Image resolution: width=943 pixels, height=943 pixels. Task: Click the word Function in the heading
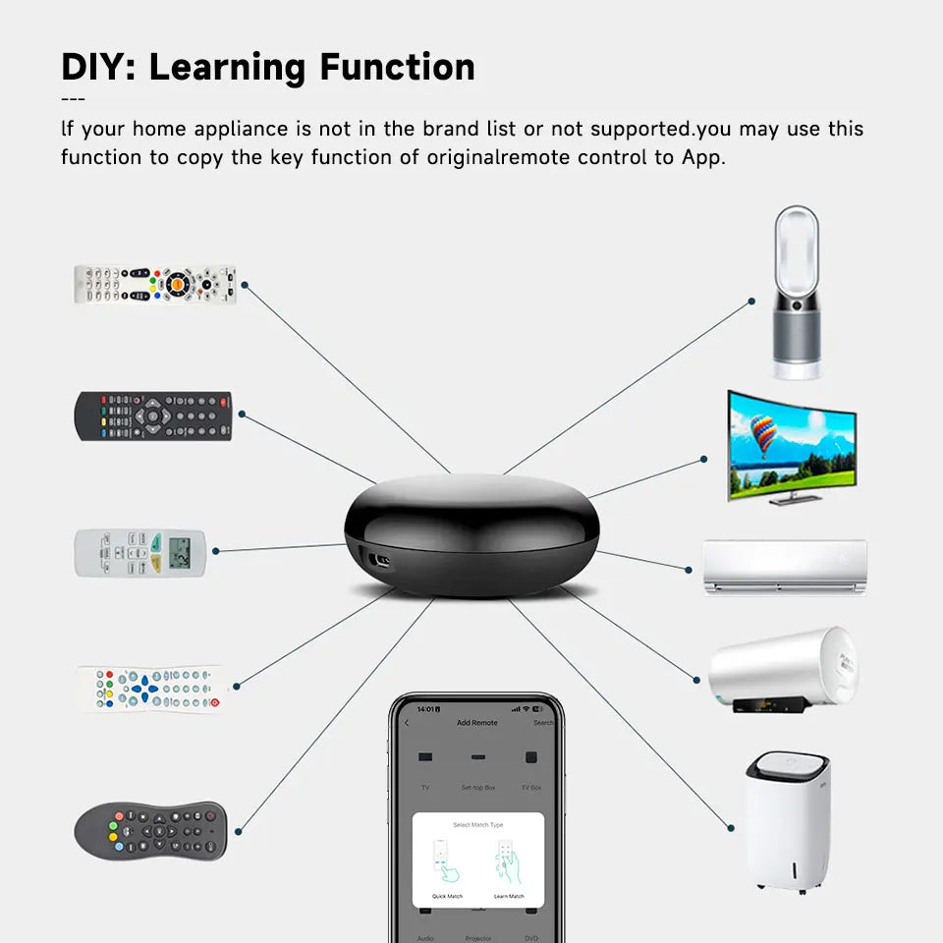point(397,67)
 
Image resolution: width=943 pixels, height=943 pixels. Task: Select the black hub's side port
point(376,560)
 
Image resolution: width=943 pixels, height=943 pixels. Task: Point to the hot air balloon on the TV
point(763,433)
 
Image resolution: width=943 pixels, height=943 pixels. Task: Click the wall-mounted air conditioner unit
point(786,567)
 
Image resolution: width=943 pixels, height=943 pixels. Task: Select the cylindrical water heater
point(782,669)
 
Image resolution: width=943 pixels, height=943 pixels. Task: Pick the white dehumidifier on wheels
point(787,820)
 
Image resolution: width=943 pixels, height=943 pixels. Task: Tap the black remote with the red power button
point(153,416)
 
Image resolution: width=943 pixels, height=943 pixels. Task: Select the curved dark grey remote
point(150,829)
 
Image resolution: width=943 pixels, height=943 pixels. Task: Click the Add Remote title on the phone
point(477,723)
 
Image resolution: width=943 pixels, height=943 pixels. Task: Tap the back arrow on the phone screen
point(407,723)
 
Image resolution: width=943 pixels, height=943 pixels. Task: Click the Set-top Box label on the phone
point(477,788)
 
